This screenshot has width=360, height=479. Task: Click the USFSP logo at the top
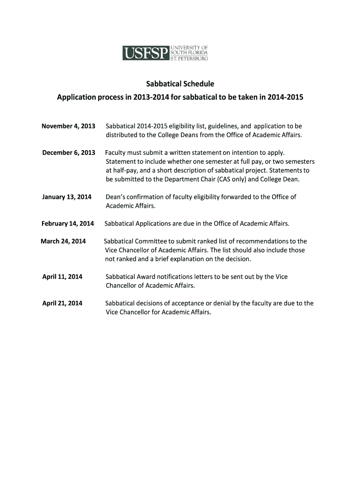[165, 53]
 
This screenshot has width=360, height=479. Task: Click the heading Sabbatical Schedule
[180, 84]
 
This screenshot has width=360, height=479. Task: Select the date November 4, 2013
[68, 126]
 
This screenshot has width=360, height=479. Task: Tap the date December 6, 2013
[68, 153]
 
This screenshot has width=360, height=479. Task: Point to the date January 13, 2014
[67, 197]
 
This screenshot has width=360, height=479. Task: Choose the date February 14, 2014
[68, 224]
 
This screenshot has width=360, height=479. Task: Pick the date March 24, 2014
[63, 241]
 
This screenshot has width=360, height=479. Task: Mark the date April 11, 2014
[62, 277]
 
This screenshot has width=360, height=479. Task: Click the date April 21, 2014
[62, 303]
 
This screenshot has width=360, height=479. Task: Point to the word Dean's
[115, 197]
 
